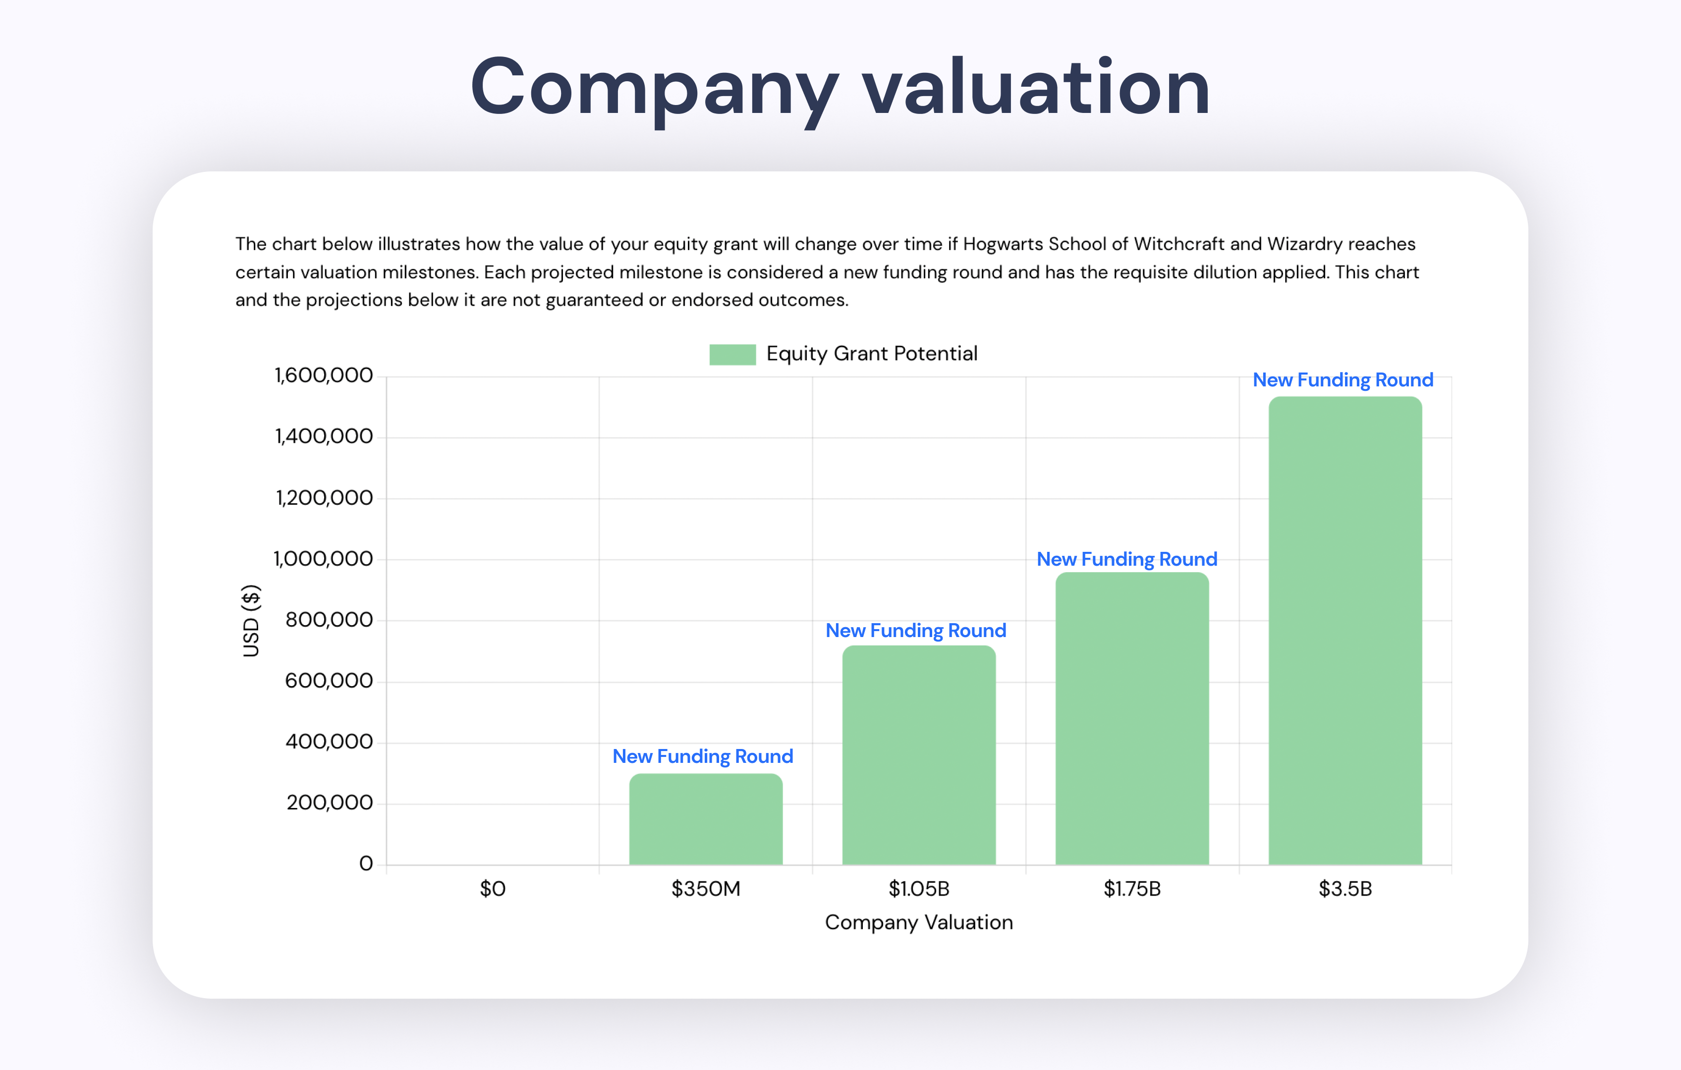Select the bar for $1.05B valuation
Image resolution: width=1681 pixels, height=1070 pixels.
[x=919, y=755]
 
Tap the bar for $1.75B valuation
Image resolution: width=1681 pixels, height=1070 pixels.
[x=1131, y=718]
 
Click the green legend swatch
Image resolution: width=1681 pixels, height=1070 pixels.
[x=732, y=355]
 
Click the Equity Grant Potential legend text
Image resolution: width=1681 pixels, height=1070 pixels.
[x=871, y=354]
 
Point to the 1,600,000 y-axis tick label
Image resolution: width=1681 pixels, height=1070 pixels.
[x=324, y=375]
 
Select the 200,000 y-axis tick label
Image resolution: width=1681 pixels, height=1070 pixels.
[x=330, y=802]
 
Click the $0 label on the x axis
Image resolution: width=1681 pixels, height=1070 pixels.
[x=492, y=889]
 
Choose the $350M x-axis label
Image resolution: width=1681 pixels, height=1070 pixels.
[x=706, y=889]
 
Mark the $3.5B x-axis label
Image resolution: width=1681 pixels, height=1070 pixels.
[x=1345, y=889]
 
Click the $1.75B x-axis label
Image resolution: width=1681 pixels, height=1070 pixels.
[x=1131, y=889]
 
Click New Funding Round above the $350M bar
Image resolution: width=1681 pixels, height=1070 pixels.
[x=702, y=756]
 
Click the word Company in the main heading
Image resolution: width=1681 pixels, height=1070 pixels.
[x=653, y=89]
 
